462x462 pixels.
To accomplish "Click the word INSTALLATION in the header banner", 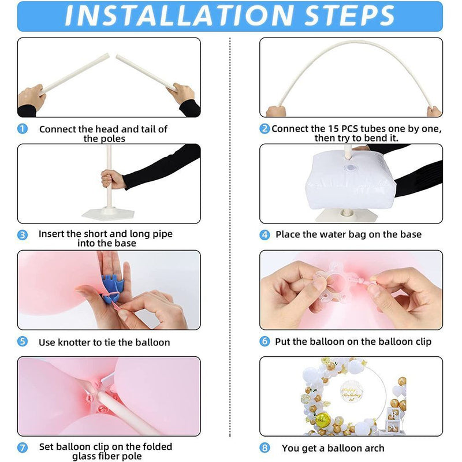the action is coord(179,16).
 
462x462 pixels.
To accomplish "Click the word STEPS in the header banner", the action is coord(349,16).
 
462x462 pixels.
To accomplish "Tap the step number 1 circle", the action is coord(23,129).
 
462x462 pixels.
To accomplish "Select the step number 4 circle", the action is coord(264,235).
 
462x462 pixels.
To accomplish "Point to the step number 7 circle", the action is coord(23,448).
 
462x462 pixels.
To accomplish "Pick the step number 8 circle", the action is coord(264,448).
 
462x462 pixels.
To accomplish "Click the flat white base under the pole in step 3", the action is coord(108,214).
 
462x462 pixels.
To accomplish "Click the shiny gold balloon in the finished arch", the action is coord(322,419).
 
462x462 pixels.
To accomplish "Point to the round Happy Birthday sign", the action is coord(351,392).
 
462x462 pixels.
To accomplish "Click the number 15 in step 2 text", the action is coord(333,129).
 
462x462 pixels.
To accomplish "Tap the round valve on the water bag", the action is coord(351,168).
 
